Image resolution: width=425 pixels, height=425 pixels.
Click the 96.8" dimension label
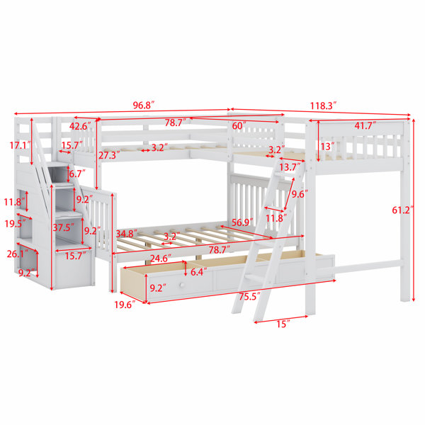[144, 105]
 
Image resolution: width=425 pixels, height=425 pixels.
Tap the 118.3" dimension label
[324, 106]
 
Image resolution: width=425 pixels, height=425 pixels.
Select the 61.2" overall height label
[403, 210]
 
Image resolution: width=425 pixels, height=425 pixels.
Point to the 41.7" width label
[365, 126]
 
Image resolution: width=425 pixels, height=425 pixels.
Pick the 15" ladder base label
[283, 324]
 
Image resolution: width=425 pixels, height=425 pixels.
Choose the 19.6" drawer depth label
[125, 305]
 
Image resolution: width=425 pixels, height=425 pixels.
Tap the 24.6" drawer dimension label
[161, 259]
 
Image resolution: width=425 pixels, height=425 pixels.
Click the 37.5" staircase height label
[64, 227]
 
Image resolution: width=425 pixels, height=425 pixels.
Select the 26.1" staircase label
[18, 254]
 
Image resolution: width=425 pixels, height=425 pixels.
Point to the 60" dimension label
[239, 126]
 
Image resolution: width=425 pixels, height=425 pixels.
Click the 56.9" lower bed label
[242, 222]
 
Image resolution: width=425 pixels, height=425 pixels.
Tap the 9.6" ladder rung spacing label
[300, 194]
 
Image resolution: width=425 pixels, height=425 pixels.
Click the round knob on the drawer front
[181, 285]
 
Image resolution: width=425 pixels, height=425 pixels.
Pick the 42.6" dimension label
[81, 126]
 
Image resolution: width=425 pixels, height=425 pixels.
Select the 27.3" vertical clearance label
[109, 155]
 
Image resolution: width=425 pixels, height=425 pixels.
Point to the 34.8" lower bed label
[127, 234]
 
